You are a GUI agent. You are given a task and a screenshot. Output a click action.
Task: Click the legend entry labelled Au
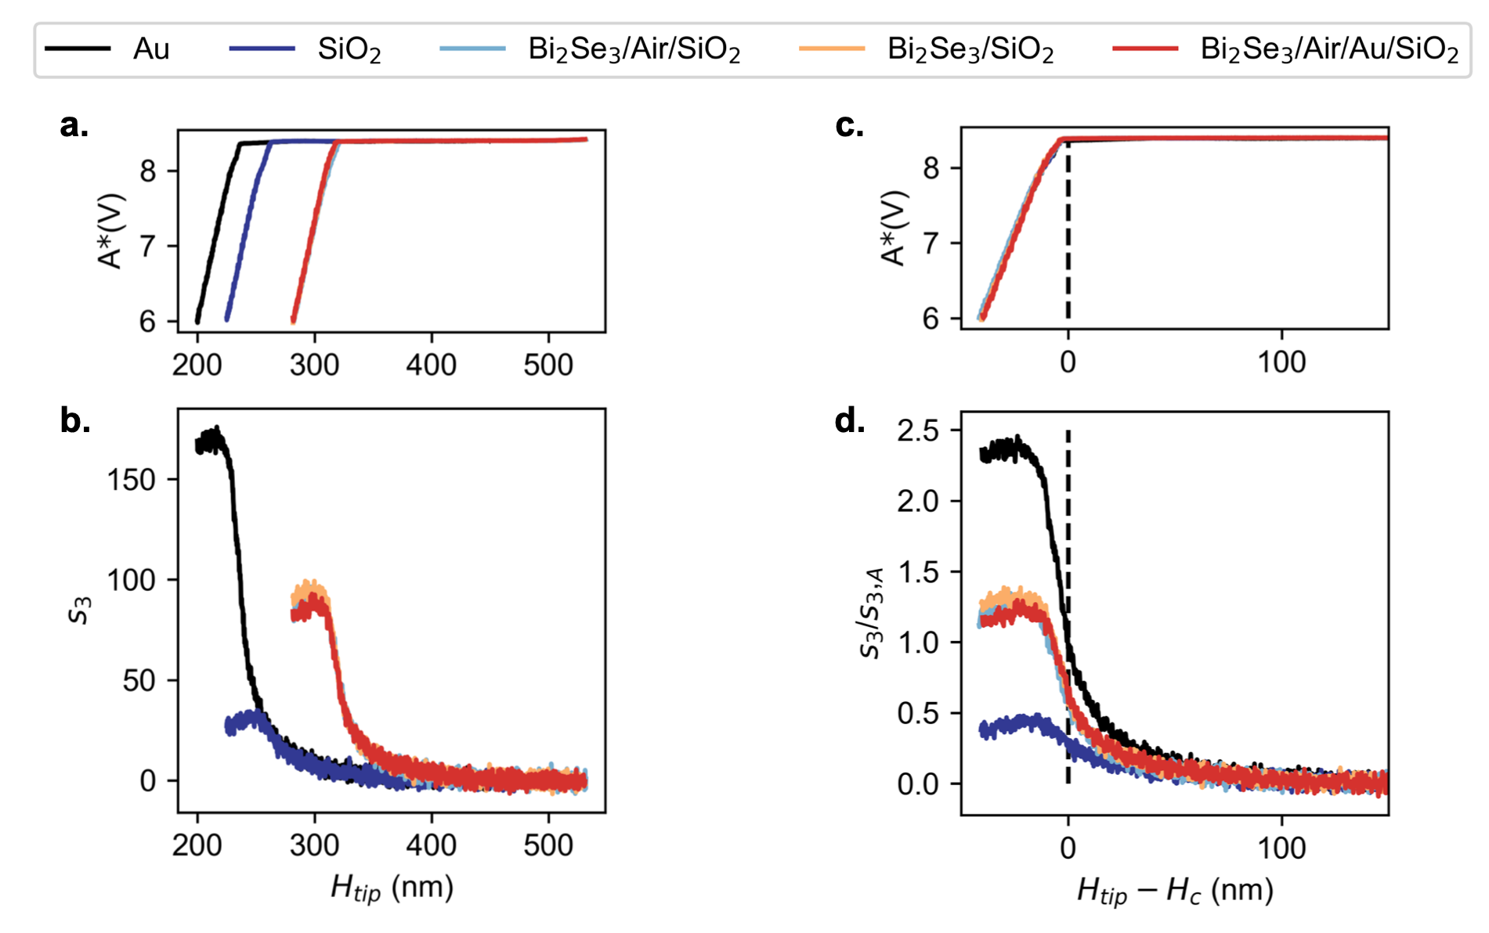(151, 49)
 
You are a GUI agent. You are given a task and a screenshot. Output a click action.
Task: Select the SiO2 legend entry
(349, 50)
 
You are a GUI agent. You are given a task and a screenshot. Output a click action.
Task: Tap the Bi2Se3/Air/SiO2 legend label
(634, 50)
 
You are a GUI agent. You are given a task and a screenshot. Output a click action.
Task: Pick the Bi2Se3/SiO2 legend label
(970, 50)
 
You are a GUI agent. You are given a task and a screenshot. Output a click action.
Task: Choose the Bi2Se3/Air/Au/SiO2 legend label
(1329, 50)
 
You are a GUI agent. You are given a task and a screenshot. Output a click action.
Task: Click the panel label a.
(74, 125)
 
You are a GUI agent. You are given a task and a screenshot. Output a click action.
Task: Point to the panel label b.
(75, 420)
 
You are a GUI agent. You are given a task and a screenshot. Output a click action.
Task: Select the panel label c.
(850, 125)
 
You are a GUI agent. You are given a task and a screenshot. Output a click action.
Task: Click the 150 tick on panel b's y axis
(132, 480)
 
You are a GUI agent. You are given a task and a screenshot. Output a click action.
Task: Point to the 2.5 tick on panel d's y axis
(918, 430)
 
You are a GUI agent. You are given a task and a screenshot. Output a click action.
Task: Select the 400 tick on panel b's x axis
(432, 845)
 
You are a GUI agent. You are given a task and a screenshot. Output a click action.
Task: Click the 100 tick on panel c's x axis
(1281, 362)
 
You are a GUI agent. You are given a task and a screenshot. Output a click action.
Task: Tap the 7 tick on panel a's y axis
(148, 247)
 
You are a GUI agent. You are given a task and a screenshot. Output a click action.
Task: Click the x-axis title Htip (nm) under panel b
(392, 888)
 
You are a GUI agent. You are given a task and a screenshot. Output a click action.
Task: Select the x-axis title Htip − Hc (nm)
(1175, 891)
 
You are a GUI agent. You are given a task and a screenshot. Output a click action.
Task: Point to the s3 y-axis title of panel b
(81, 610)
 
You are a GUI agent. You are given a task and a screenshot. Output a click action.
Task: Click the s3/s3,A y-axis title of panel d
(872, 613)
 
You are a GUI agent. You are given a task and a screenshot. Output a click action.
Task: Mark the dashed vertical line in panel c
(1068, 231)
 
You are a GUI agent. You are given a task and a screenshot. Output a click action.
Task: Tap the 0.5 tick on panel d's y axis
(918, 713)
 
